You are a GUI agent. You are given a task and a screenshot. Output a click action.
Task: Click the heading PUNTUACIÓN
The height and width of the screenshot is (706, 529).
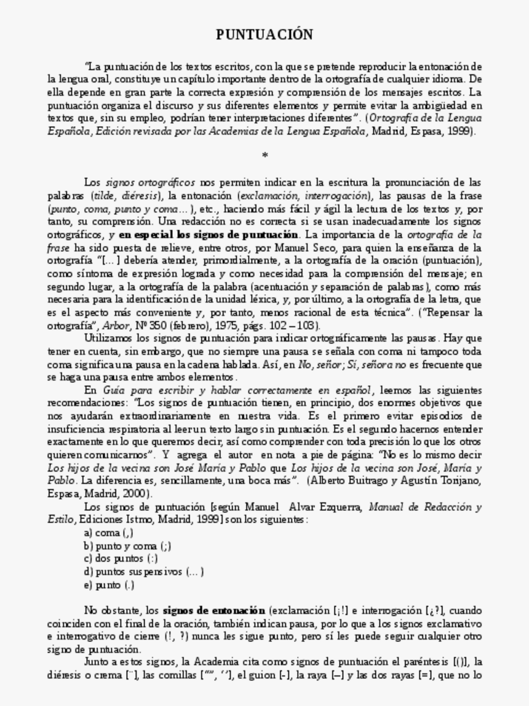click(x=264, y=34)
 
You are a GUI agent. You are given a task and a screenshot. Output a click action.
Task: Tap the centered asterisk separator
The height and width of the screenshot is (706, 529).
click(x=264, y=156)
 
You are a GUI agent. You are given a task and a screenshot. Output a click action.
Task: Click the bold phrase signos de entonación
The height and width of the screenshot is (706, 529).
click(x=214, y=611)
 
